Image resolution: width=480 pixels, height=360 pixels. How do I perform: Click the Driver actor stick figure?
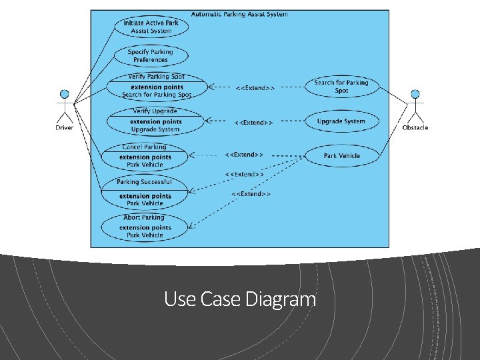(x=65, y=105)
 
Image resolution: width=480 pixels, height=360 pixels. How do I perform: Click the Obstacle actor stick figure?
(x=415, y=105)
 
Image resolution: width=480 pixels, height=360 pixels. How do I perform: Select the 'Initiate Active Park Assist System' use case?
(x=151, y=27)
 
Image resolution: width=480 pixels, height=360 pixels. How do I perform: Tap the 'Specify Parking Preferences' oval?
(x=150, y=56)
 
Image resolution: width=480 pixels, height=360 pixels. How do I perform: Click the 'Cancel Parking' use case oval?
(x=145, y=156)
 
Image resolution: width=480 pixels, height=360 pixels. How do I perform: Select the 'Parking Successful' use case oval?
(x=145, y=192)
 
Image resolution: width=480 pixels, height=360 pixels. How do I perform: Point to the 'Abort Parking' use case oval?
(x=145, y=227)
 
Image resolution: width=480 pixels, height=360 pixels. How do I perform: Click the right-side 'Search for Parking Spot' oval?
(x=341, y=87)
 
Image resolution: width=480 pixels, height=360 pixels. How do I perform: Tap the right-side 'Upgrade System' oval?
(x=341, y=121)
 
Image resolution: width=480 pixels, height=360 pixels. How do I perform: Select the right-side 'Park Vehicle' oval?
(x=341, y=156)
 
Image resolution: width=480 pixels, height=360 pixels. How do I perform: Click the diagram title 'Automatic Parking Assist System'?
(x=239, y=14)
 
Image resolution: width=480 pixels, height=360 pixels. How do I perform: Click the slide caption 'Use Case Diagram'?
(x=240, y=299)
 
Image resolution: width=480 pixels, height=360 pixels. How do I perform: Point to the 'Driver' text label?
(x=65, y=127)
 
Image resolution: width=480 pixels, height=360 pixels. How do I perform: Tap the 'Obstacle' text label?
(x=415, y=127)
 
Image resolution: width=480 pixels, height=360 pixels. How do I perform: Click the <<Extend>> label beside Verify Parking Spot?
(x=255, y=87)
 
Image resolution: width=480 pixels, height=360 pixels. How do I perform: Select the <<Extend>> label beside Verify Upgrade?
(x=253, y=123)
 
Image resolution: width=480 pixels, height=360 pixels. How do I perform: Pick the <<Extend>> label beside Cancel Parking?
(x=244, y=155)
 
